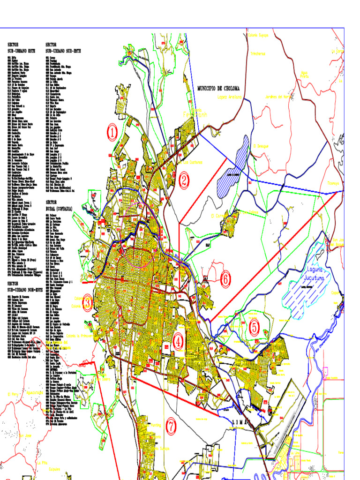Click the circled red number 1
pos(112,133)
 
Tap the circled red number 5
pos(254,328)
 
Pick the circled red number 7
pos(171,427)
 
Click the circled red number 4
pos(178,342)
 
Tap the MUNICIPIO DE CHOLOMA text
pos(218,88)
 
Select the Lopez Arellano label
pos(229,97)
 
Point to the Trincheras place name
pos(258,53)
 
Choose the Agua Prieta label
pos(305,75)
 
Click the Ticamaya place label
pos(333,183)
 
